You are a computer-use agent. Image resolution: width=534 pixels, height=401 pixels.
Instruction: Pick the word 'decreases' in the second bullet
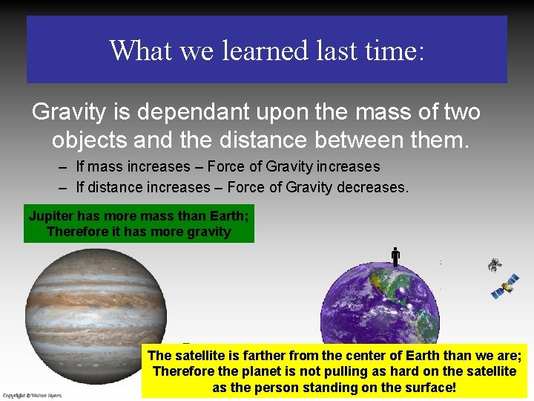pyautogui.click(x=372, y=187)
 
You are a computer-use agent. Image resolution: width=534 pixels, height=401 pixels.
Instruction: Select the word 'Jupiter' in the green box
pyautogui.click(x=50, y=217)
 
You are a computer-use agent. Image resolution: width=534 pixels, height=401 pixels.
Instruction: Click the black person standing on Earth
pyautogui.click(x=395, y=257)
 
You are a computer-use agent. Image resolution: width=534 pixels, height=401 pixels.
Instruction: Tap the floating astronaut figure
pyautogui.click(x=494, y=264)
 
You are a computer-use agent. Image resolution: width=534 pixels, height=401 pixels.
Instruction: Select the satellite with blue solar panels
pyautogui.click(x=506, y=286)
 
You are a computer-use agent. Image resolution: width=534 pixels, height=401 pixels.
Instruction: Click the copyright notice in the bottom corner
pyautogui.click(x=32, y=396)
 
